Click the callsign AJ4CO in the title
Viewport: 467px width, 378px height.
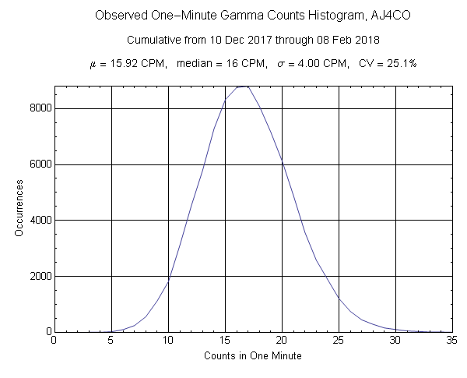coord(353,16)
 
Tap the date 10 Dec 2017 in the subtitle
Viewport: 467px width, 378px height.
coord(217,39)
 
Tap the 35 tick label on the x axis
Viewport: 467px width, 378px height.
coord(452,340)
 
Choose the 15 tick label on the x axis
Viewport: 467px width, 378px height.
coord(225,340)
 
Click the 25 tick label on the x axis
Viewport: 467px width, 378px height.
coord(339,340)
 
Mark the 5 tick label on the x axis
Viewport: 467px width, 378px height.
coord(111,340)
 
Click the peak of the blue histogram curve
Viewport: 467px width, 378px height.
coord(243,87)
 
